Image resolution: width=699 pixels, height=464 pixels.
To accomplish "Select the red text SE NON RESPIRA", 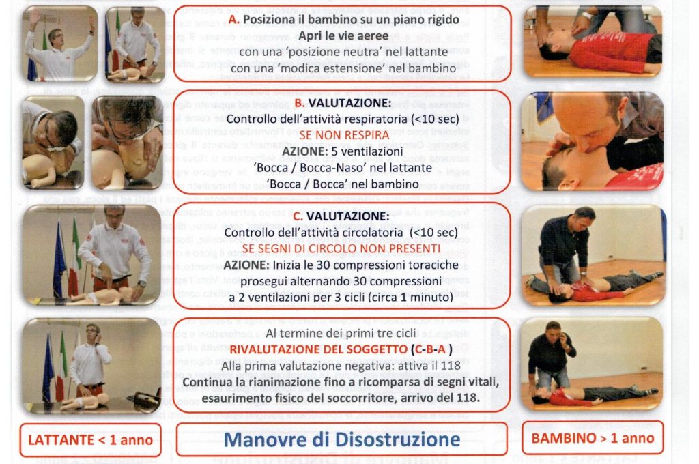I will [342, 135].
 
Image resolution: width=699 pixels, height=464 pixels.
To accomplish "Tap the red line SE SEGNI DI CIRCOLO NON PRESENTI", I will [341, 248].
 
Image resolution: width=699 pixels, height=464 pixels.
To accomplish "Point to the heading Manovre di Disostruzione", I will [341, 438].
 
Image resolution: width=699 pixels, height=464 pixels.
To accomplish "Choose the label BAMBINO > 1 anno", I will [592, 437].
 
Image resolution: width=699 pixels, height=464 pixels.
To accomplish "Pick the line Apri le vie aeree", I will [342, 36].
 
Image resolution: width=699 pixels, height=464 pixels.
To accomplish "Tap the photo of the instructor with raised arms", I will [59, 45].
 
